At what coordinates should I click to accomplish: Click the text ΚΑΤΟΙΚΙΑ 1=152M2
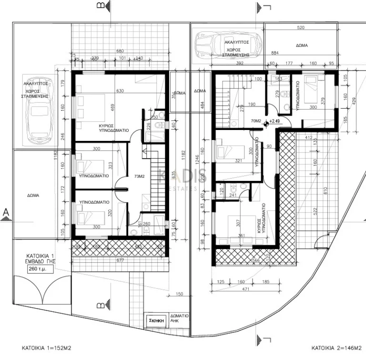click(46, 348)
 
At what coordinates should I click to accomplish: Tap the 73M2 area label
click(140, 176)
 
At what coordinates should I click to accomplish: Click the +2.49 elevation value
click(275, 121)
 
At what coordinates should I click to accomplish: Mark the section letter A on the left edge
click(6, 211)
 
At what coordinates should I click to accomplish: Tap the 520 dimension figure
click(300, 28)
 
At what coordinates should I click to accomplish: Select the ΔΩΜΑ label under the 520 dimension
click(301, 45)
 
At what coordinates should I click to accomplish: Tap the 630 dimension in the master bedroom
click(120, 91)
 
